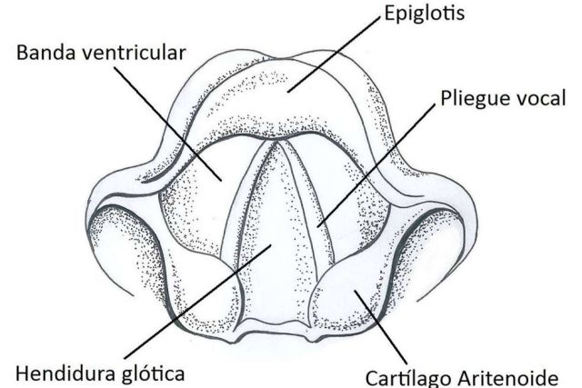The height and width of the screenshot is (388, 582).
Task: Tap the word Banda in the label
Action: (x=45, y=53)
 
